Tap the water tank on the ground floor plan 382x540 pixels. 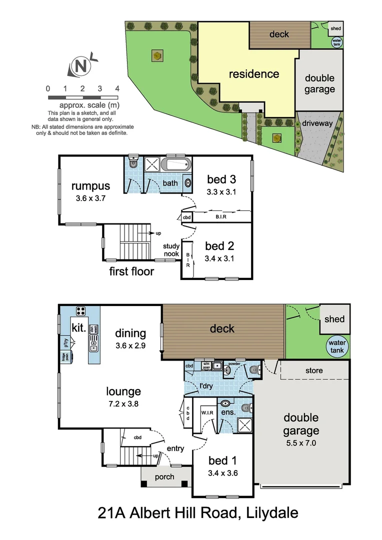[336, 346]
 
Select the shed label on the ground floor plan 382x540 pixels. [334, 319]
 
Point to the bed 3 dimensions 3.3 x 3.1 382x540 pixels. [221, 191]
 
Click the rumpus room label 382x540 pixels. [90, 186]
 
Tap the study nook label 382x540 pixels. [171, 250]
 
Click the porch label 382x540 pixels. [164, 476]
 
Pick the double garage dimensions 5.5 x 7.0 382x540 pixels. [301, 442]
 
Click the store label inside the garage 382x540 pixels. [314, 370]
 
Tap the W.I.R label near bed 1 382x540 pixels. [207, 412]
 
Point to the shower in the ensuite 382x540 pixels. [244, 425]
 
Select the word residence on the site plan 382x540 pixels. [254, 74]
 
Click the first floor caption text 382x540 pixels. [131, 271]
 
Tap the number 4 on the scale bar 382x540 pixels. [117, 88]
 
